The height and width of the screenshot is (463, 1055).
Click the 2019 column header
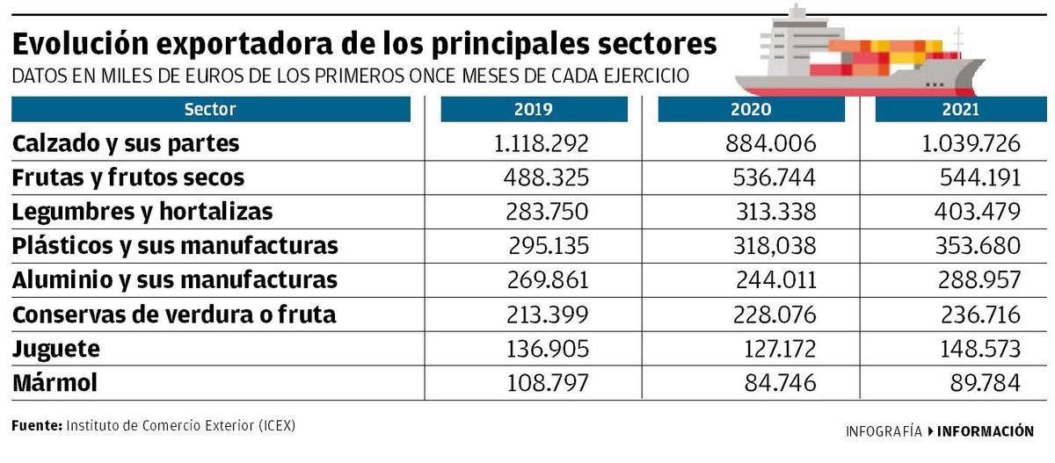[534, 110]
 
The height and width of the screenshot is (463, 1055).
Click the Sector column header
[210, 110]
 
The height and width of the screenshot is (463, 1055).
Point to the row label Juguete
[56, 349]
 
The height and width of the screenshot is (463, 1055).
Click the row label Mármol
[55, 383]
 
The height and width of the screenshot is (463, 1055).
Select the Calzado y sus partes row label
[126, 143]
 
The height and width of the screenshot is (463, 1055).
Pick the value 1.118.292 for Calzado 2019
[542, 143]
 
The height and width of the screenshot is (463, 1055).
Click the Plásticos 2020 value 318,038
[774, 246]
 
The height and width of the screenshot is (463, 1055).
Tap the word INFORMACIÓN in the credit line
[986, 431]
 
